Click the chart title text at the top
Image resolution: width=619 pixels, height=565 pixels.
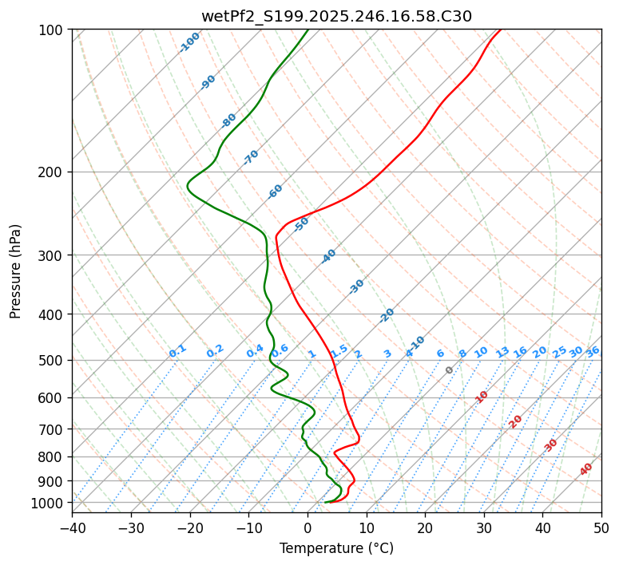coord(336,16)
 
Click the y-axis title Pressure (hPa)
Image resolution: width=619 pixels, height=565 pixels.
coord(16,271)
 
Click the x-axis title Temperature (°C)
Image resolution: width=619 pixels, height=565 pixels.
coord(336,549)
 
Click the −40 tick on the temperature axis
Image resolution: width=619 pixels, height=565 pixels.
coord(72,527)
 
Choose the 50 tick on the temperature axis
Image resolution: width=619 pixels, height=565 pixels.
coord(601,527)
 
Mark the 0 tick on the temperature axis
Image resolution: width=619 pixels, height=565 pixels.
coord(308,527)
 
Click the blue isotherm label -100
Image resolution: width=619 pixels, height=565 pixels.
coord(189,42)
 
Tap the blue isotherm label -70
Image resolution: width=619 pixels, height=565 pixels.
coord(251,157)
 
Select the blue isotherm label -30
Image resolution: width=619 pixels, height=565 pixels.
coord(356,286)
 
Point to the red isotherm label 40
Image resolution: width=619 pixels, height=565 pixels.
coord(586,469)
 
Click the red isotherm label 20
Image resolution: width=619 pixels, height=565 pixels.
coord(516,421)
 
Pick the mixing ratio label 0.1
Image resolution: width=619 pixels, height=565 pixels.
coord(177,351)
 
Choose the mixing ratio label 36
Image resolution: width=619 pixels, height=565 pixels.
coord(592,351)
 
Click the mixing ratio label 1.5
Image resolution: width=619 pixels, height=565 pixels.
coord(339,351)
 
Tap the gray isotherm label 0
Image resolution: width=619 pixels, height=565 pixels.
coord(450,370)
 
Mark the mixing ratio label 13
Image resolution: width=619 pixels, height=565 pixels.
coord(502,352)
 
